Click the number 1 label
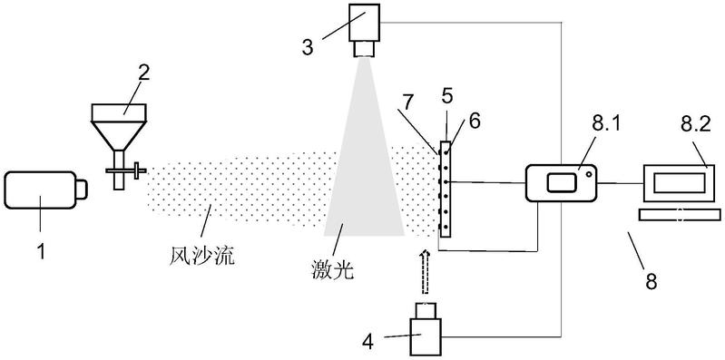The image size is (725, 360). coord(41,251)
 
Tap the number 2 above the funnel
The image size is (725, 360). coord(143,74)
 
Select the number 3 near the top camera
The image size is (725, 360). coord(308,47)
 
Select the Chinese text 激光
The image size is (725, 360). coord(333,269)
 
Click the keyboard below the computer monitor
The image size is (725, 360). coord(680,214)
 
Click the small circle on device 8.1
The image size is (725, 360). coord(588,174)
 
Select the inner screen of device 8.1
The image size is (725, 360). coord(563,182)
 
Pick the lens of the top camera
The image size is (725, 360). coord(365,48)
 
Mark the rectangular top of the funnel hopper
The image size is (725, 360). coord(120,112)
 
